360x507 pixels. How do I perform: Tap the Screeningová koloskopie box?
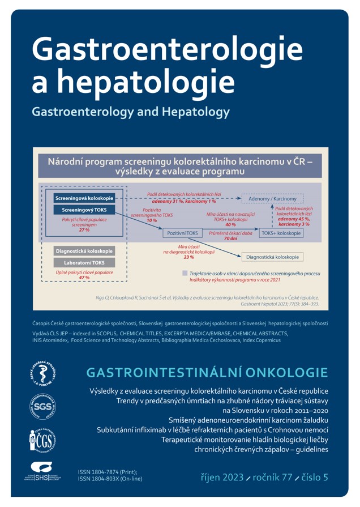(84, 198)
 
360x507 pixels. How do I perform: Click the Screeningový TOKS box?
(84, 210)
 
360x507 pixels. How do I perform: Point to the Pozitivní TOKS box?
(183, 233)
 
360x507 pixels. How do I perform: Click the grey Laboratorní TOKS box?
(84, 262)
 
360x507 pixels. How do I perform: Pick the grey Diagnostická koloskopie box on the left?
(84, 251)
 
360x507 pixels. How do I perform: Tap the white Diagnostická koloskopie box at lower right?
(273, 257)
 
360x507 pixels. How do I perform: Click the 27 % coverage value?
(84, 231)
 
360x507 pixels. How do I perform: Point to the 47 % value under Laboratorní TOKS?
(84, 278)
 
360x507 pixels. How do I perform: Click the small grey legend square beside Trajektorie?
(185, 273)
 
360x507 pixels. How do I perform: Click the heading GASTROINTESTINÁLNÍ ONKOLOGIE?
(207, 373)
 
